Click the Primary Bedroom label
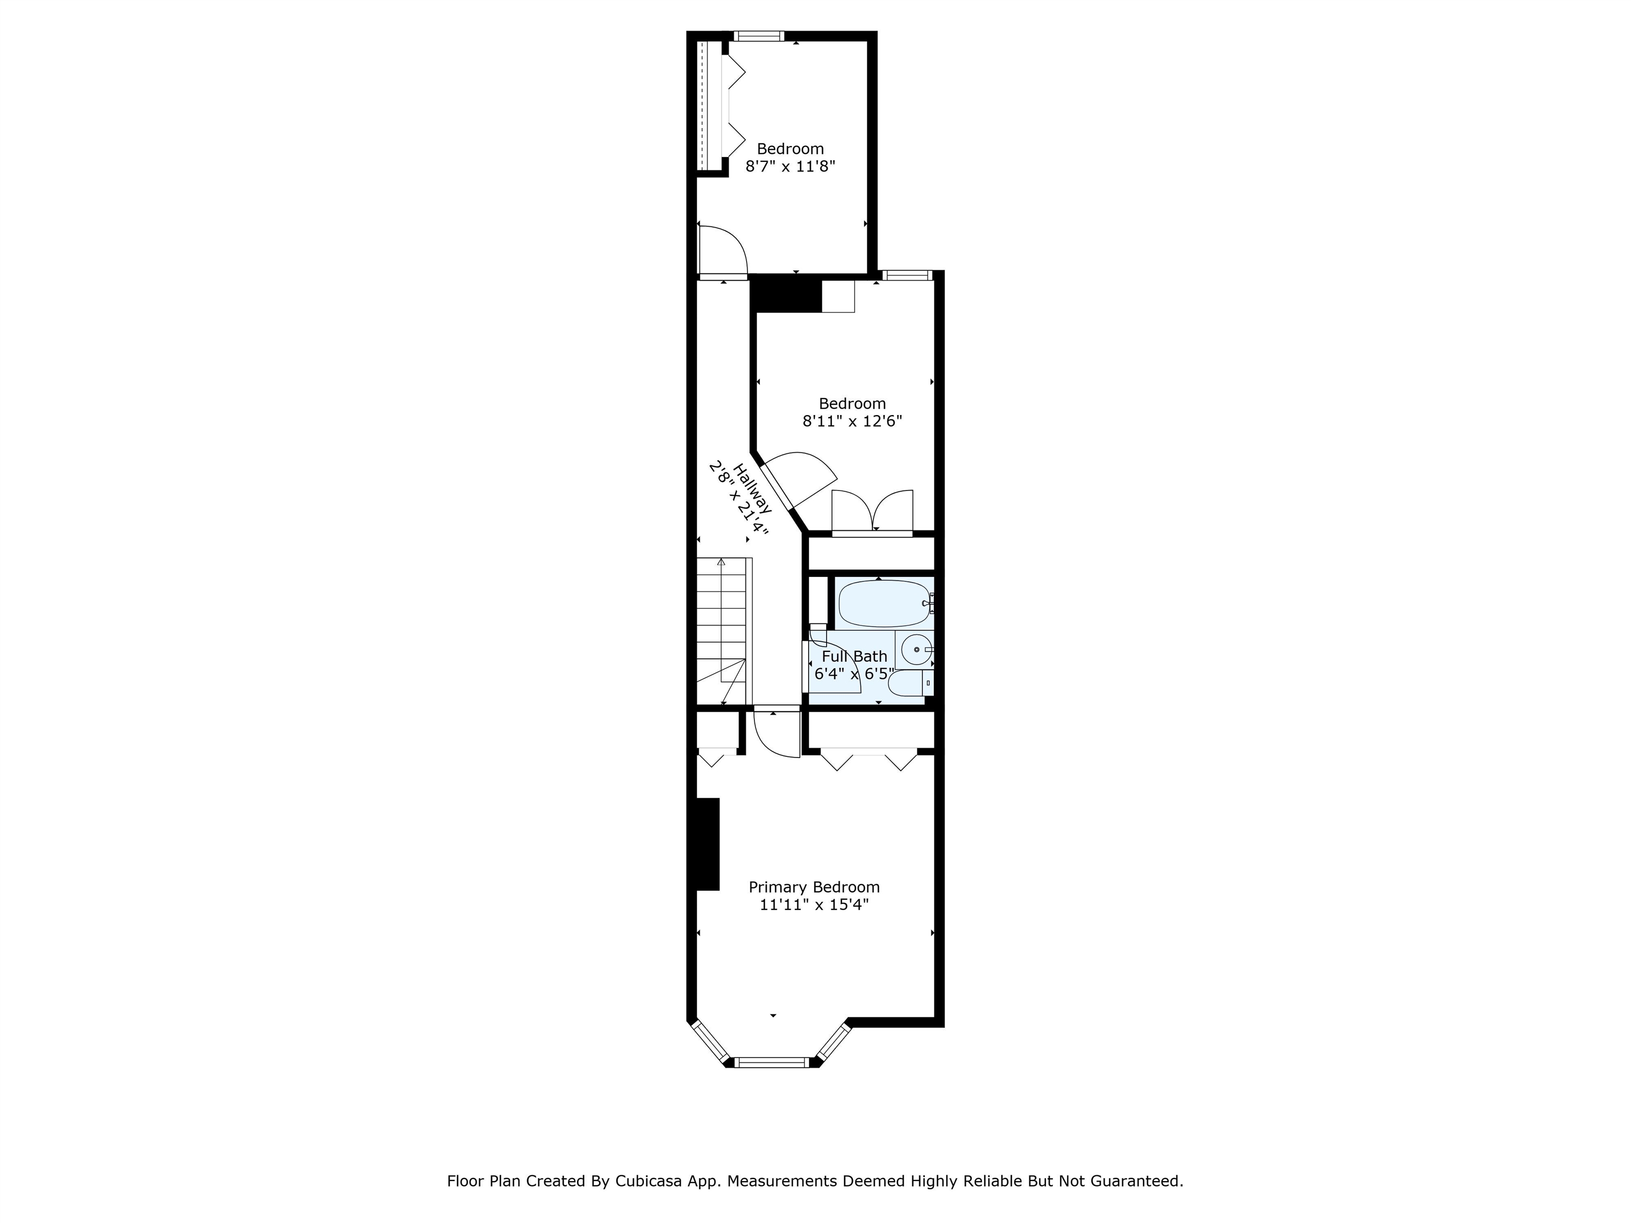pos(814,887)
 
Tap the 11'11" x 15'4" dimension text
pos(814,905)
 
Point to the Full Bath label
pos(855,656)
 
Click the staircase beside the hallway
pos(724,631)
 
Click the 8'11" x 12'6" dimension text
pos(852,421)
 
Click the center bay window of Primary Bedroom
pos(772,1062)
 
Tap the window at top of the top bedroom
pos(759,36)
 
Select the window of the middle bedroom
pos(908,275)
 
